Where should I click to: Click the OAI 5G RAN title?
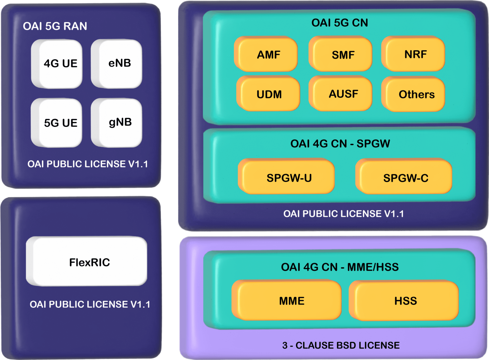pyautogui.click(x=55, y=26)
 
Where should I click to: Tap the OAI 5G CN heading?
pyautogui.click(x=340, y=23)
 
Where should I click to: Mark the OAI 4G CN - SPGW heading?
pyautogui.click(x=340, y=144)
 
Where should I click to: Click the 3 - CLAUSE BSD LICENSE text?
pyautogui.click(x=341, y=345)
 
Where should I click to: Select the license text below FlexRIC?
pyautogui.click(x=90, y=304)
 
